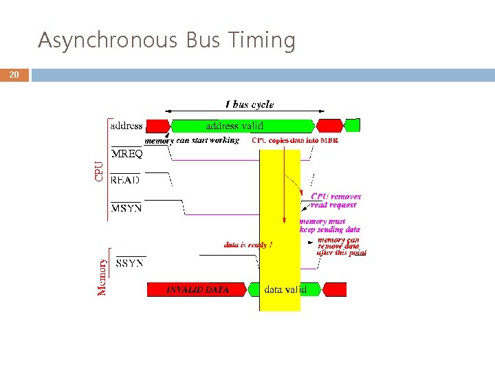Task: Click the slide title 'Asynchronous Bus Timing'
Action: (166, 41)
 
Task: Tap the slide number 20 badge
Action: (14, 76)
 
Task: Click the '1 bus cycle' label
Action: (250, 104)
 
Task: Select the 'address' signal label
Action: (126, 126)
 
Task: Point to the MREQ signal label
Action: (127, 155)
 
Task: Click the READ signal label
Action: (125, 180)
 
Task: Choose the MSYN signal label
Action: (126, 207)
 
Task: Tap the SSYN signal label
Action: (130, 263)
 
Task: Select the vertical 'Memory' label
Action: (102, 276)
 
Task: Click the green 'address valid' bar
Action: (234, 126)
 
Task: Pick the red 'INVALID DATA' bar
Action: (197, 289)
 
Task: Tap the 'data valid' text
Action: (285, 289)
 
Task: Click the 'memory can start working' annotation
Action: (192, 140)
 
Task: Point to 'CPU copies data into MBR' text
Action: (295, 140)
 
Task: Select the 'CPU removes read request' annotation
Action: (335, 200)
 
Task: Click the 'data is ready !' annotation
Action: (248, 245)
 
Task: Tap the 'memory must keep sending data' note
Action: (330, 225)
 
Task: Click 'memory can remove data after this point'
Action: (341, 247)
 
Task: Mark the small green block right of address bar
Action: (352, 125)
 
